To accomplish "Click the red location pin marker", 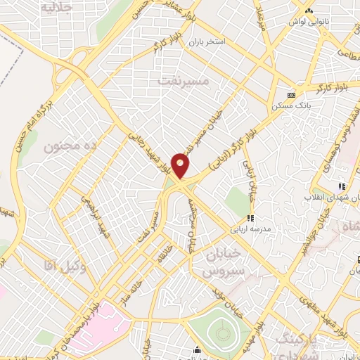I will pyautogui.click(x=181, y=165).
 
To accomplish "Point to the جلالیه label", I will pyautogui.click(x=57, y=8).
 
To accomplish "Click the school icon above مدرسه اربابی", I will pyautogui.click(x=250, y=218).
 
